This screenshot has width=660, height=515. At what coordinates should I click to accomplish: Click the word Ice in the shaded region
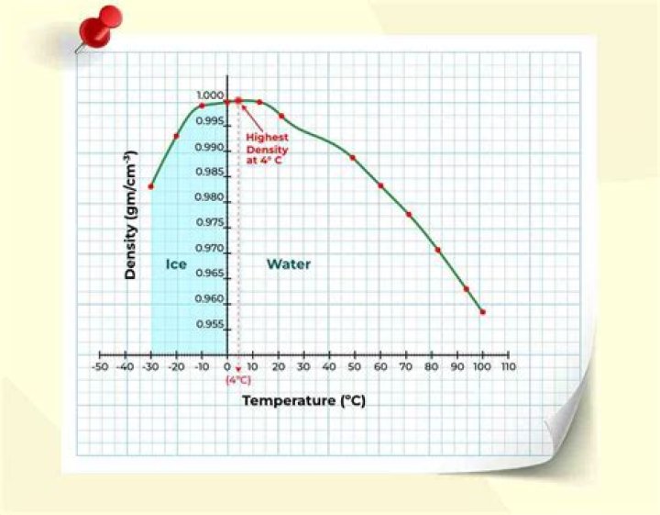point(176,264)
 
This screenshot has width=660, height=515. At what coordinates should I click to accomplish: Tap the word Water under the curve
point(289,264)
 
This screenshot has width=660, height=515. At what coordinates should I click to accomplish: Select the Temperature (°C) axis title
point(303,401)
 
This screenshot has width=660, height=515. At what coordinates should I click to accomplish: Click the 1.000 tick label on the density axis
point(210,95)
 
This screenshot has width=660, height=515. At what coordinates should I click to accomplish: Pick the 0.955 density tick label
point(210,324)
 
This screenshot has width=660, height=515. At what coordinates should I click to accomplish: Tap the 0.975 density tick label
point(210,222)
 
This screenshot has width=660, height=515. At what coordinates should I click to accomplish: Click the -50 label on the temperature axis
point(100,367)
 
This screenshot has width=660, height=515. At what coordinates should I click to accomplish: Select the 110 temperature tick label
point(508,367)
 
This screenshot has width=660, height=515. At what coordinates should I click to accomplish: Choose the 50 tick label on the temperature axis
point(356,367)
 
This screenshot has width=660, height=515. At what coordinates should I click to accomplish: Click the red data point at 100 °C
point(482,312)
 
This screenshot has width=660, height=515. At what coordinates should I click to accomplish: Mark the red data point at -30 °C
point(151,186)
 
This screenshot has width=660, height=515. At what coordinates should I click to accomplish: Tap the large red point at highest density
point(238,100)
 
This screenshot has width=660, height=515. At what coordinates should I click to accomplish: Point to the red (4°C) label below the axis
point(238,379)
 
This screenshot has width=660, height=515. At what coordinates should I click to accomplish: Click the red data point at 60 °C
point(380,185)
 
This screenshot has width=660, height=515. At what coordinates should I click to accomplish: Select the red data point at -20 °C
point(176,136)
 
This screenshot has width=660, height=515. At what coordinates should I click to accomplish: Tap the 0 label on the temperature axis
point(228,367)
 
